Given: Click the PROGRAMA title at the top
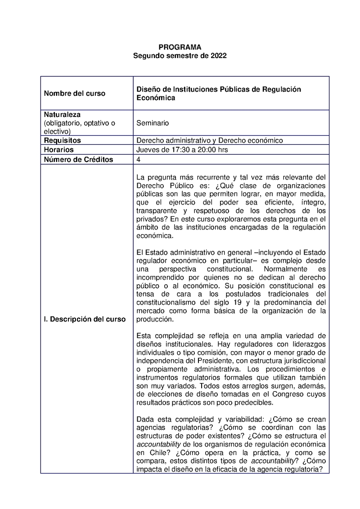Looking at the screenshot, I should click(180, 47).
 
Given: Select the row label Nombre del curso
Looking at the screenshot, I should click(74, 94).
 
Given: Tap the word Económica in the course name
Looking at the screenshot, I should click(156, 98).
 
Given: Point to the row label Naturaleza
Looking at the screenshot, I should click(62, 115).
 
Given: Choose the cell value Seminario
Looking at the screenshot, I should click(153, 123).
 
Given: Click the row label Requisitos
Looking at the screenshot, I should click(62, 141).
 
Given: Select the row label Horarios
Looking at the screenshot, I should click(58, 150).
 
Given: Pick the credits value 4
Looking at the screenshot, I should click(139, 159).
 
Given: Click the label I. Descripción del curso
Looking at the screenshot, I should click(85, 319).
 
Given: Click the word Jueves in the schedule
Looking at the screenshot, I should click(147, 150).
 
